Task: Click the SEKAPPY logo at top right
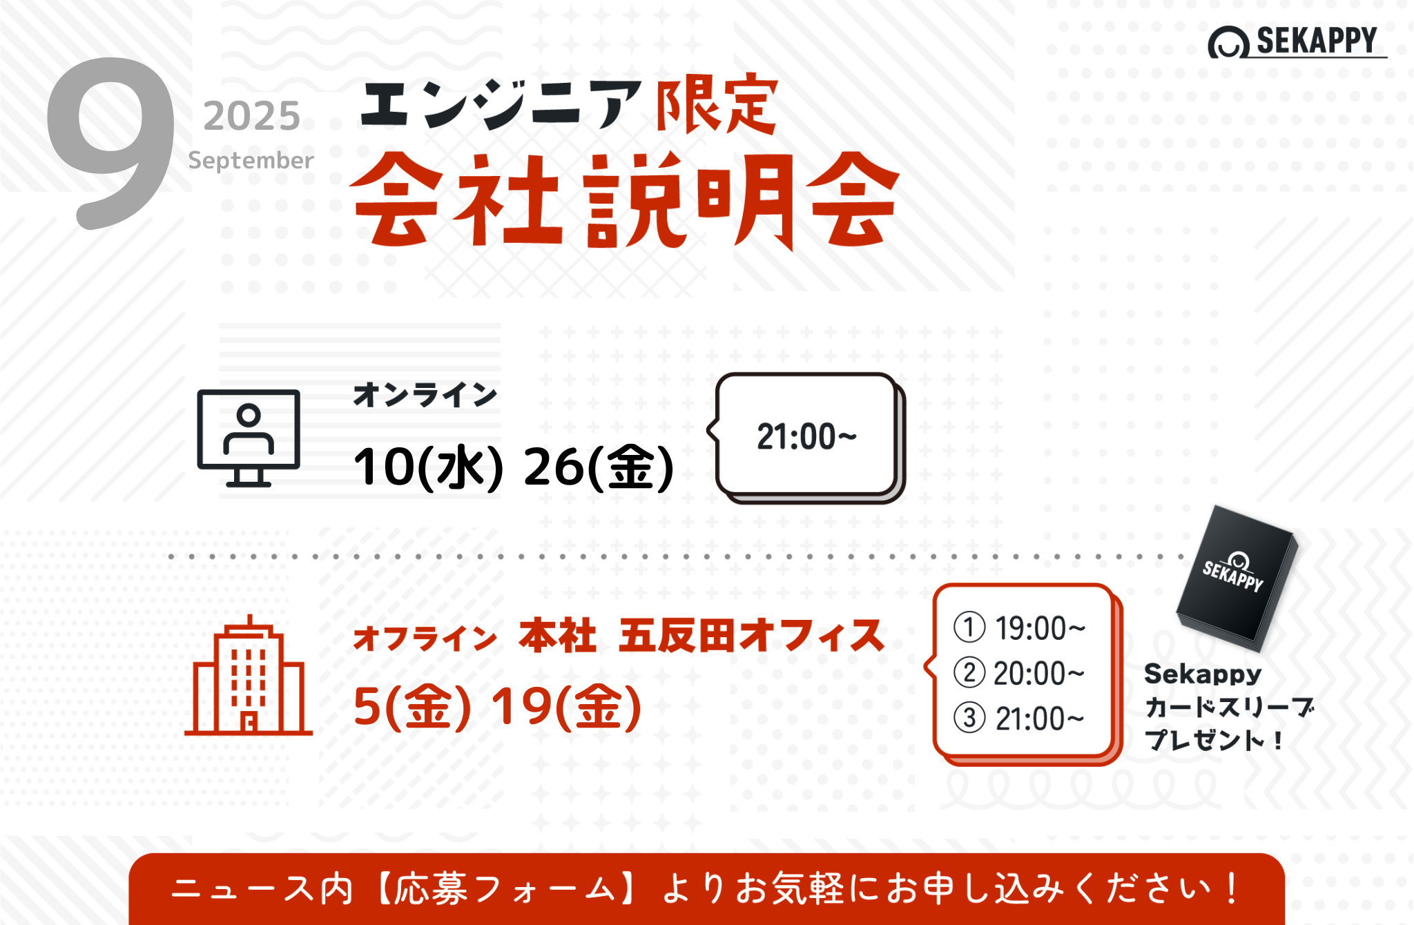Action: [1297, 41]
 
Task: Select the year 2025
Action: [252, 116]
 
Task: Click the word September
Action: [251, 160]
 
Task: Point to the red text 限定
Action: [717, 105]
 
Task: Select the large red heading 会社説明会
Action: [626, 200]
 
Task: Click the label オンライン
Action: [425, 395]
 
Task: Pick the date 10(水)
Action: [428, 467]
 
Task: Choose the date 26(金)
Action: [598, 467]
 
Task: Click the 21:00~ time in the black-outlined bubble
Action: [806, 437]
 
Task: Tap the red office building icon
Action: [249, 675]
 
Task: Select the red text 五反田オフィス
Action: [751, 636]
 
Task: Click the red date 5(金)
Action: [412, 707]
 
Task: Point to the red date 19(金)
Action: [566, 707]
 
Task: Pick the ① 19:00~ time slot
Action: [1020, 628]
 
